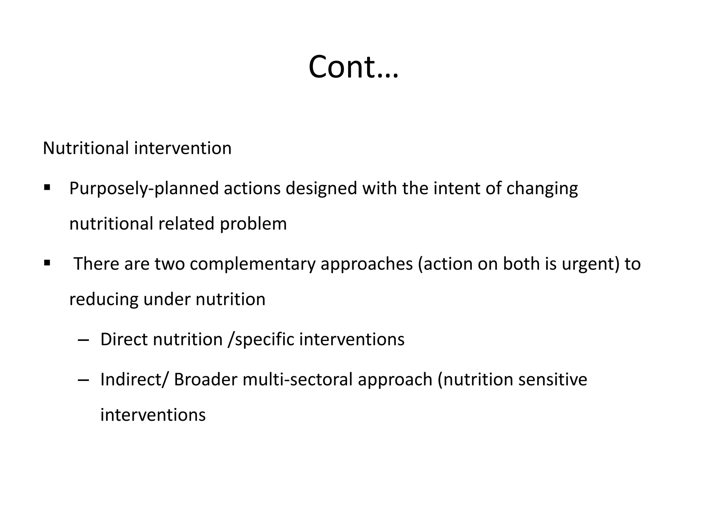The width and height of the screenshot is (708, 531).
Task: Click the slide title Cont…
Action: tap(353, 67)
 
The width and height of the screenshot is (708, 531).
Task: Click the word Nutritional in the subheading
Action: tap(86, 148)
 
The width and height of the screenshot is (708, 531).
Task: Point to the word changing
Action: tap(542, 189)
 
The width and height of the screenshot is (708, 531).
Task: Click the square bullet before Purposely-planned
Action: tap(47, 188)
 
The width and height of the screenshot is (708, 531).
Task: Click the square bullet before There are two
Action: tap(47, 263)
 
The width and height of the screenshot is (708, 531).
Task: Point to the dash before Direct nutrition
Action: tap(83, 340)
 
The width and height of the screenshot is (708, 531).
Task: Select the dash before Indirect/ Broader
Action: tap(83, 380)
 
